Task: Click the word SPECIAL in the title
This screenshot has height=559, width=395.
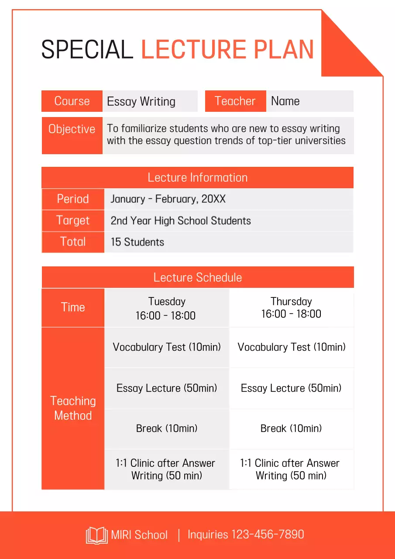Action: click(x=87, y=49)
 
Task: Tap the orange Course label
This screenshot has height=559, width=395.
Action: click(x=72, y=101)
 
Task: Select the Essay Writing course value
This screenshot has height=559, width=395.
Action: click(x=141, y=101)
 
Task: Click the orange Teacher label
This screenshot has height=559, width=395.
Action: click(x=235, y=101)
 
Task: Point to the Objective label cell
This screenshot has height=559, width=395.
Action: click(x=72, y=135)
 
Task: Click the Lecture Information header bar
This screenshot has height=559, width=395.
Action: click(x=197, y=177)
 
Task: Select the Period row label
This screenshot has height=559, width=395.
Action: click(x=73, y=199)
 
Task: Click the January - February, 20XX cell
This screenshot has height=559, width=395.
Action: click(x=168, y=199)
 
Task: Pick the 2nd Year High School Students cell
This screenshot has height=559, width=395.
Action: click(x=181, y=221)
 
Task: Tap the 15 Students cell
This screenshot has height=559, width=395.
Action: click(x=137, y=242)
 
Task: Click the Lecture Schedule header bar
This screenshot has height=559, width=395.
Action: click(x=197, y=277)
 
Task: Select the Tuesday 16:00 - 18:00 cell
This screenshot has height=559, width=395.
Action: click(x=166, y=308)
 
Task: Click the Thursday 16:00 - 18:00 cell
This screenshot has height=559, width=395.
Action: click(x=291, y=307)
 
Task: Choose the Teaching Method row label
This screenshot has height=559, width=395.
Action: click(x=73, y=408)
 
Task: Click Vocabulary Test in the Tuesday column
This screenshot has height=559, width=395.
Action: click(x=167, y=347)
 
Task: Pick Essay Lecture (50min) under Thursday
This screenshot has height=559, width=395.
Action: click(x=291, y=388)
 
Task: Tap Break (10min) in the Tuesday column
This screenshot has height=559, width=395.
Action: click(x=167, y=428)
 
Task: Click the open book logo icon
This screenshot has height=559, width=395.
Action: click(x=96, y=535)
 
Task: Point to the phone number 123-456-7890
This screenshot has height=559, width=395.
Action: click(x=267, y=535)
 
